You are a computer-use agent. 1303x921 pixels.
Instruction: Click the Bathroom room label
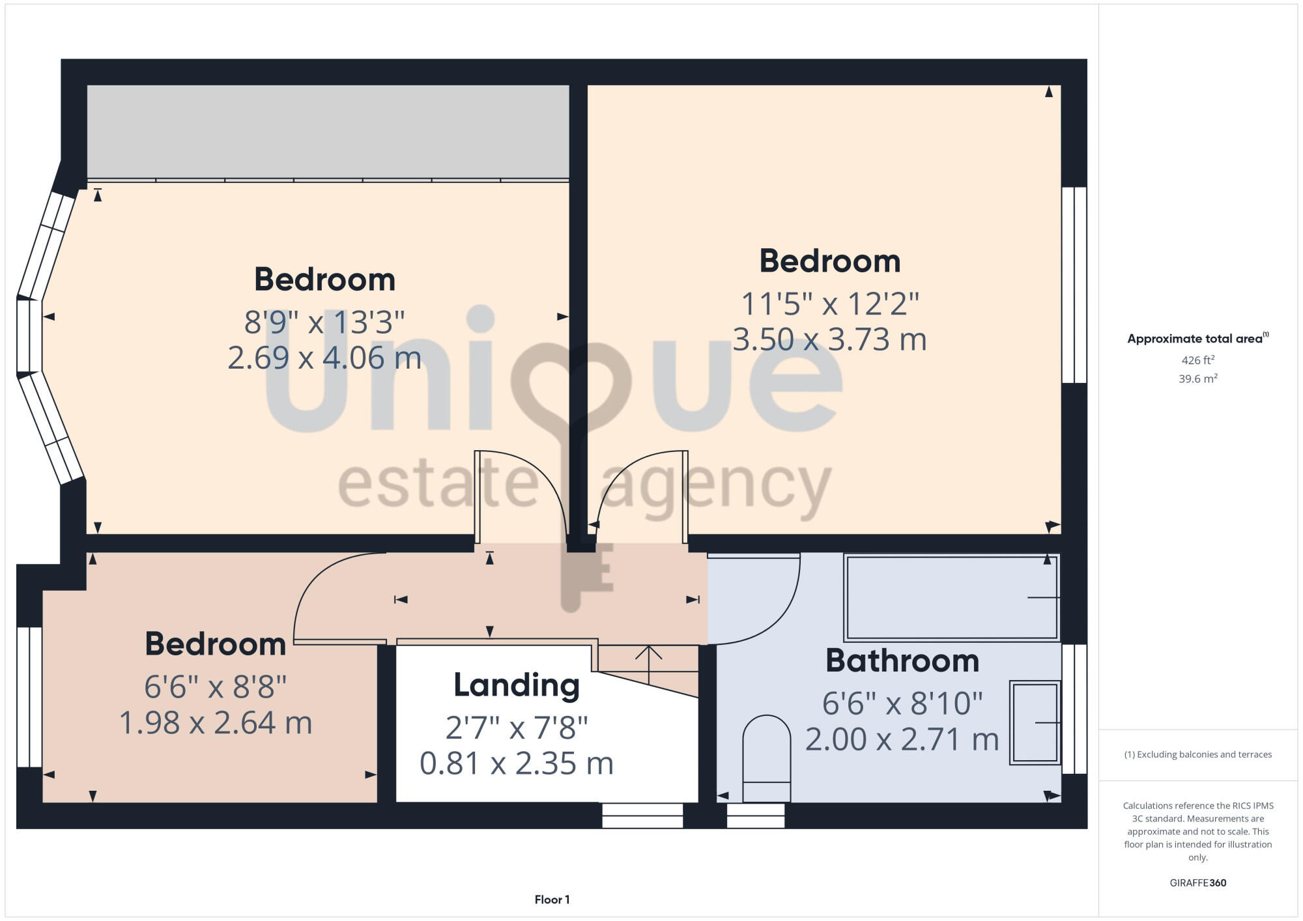point(902,661)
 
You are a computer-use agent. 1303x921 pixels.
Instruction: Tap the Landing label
point(517,685)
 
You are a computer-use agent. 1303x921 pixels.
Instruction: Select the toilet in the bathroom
point(767,759)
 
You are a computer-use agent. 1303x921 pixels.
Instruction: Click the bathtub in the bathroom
point(951,597)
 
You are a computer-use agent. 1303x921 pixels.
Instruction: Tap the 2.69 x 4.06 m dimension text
point(324,358)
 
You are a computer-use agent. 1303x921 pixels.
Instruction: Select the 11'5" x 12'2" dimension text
point(830,304)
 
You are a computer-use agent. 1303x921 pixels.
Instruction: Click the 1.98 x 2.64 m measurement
point(216,723)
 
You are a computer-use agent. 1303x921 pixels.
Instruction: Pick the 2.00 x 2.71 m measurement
point(902,739)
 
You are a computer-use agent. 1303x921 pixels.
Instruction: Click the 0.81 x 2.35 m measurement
point(517,763)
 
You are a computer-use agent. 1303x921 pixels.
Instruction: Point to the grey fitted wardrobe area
point(328,131)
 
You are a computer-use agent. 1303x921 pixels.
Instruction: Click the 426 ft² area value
point(1197,360)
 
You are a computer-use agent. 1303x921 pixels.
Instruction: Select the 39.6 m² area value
point(1197,378)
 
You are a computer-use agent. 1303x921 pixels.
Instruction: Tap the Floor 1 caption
point(552,900)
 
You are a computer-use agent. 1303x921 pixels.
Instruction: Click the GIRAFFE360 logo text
point(1197,883)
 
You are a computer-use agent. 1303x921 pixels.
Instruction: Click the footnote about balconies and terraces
point(1197,754)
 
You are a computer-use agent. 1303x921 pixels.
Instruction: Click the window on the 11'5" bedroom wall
point(1074,285)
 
